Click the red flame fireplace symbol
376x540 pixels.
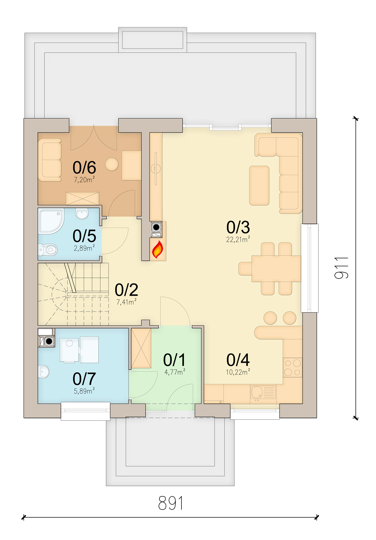pyautogui.click(x=157, y=250)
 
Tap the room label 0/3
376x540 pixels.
pyautogui.click(x=238, y=227)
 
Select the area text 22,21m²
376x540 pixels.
pyautogui.click(x=238, y=240)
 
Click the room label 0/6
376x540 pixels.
pyautogui.click(x=84, y=168)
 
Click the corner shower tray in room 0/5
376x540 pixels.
pyautogui.click(x=51, y=221)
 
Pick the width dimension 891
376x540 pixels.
pyautogui.click(x=170, y=503)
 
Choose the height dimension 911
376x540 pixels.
pyautogui.click(x=341, y=268)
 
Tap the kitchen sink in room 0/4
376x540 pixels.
pyautogui.click(x=263, y=392)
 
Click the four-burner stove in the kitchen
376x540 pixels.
pyautogui.click(x=293, y=368)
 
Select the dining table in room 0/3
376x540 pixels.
pyautogui.click(x=276, y=269)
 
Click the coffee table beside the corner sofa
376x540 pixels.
pyautogui.click(x=259, y=185)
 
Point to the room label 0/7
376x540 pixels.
pyautogui.click(x=84, y=379)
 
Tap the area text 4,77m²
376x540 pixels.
pyautogui.click(x=175, y=372)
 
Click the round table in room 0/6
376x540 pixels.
pyautogui.click(x=112, y=164)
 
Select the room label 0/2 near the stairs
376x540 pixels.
pyautogui.click(x=126, y=290)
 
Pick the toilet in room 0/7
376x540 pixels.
pyautogui.click(x=44, y=372)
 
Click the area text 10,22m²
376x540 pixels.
pyautogui.click(x=238, y=372)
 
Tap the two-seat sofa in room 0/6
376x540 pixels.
pyautogui.click(x=50, y=160)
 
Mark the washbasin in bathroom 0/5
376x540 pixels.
pyautogui.click(x=82, y=214)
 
